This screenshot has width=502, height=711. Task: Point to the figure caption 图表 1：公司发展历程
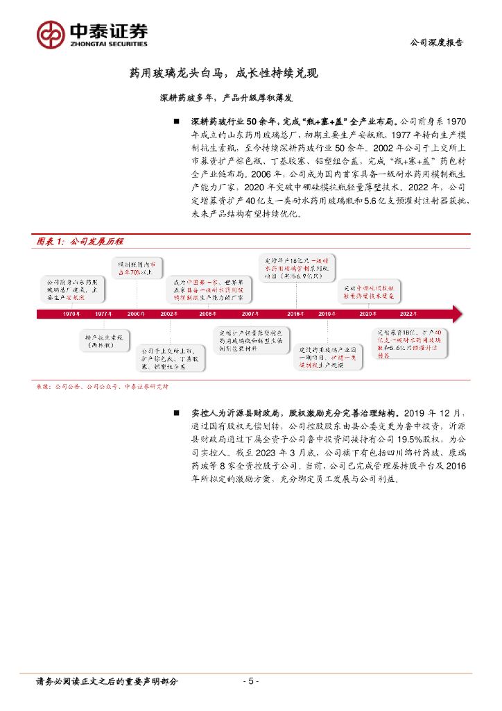[x=79, y=242]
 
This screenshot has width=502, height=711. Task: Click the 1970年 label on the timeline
[x=71, y=314]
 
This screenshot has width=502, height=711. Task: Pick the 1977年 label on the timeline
[x=103, y=314]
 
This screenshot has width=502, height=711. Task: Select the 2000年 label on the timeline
[x=136, y=314]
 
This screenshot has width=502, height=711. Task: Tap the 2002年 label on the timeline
[x=168, y=314]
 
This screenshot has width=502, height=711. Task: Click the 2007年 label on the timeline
[x=250, y=314]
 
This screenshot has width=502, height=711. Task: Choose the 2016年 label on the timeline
[x=295, y=314]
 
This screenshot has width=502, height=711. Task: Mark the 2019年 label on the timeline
[x=327, y=314]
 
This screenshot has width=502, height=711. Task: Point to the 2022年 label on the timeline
[x=409, y=314]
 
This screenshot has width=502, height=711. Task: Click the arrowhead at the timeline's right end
[x=456, y=314]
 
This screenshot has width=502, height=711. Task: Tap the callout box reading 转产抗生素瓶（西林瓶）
[x=104, y=340]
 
